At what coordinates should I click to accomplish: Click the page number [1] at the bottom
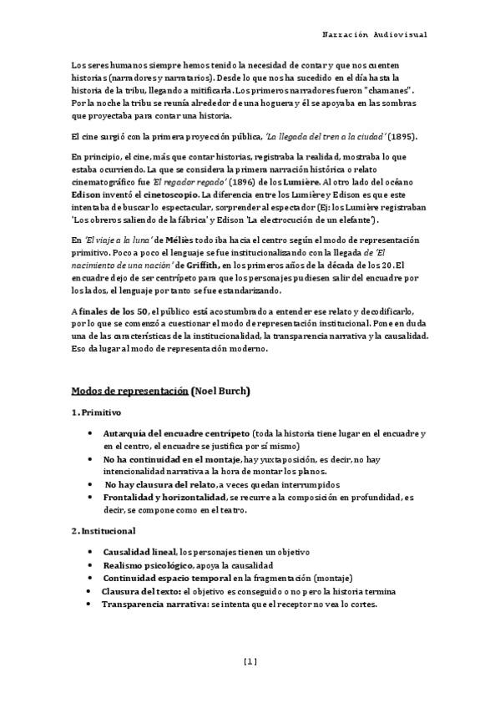click(x=250, y=661)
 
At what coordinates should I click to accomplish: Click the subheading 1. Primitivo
click(x=96, y=412)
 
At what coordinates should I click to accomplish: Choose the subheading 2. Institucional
click(x=104, y=530)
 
